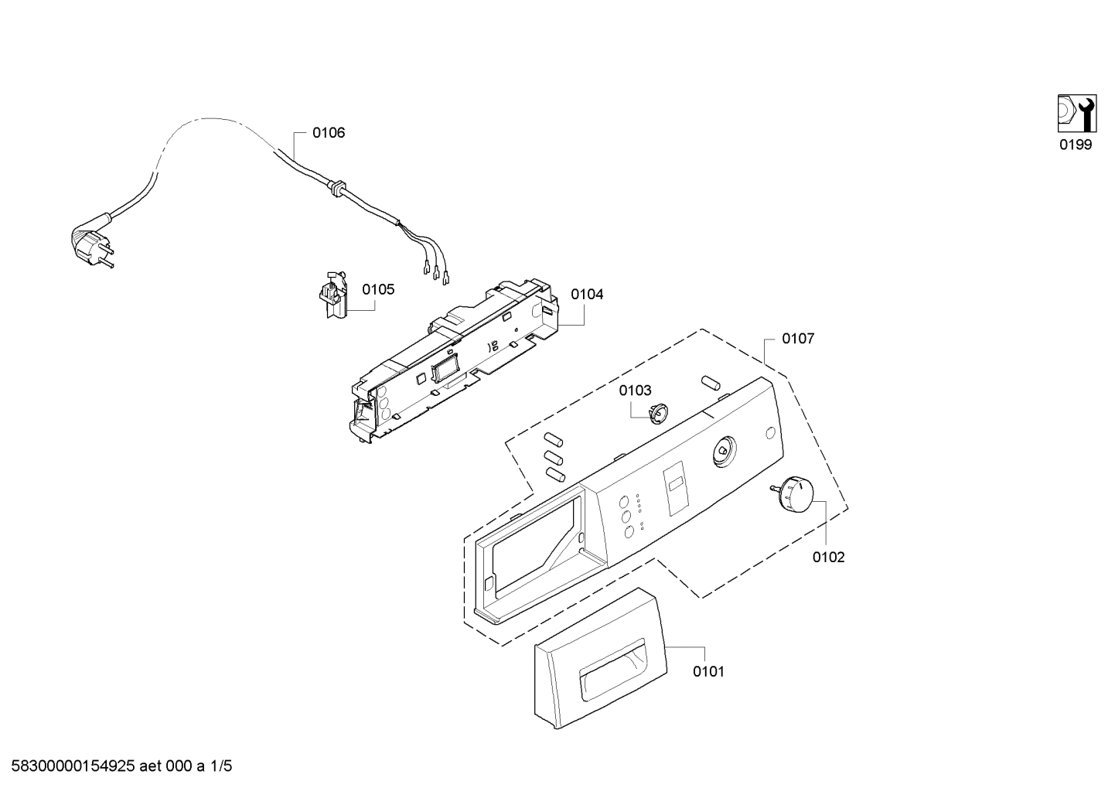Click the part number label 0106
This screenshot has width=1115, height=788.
329,133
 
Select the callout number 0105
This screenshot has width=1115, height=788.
378,290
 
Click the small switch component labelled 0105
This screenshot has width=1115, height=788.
332,295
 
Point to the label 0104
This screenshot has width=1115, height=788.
587,295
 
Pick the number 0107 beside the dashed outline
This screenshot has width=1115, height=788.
797,339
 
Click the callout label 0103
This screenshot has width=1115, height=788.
635,391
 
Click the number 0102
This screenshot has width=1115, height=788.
828,558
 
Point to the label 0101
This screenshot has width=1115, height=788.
708,672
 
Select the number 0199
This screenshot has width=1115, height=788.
1076,145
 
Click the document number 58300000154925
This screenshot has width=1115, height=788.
74,767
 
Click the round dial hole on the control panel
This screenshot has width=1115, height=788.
723,452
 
